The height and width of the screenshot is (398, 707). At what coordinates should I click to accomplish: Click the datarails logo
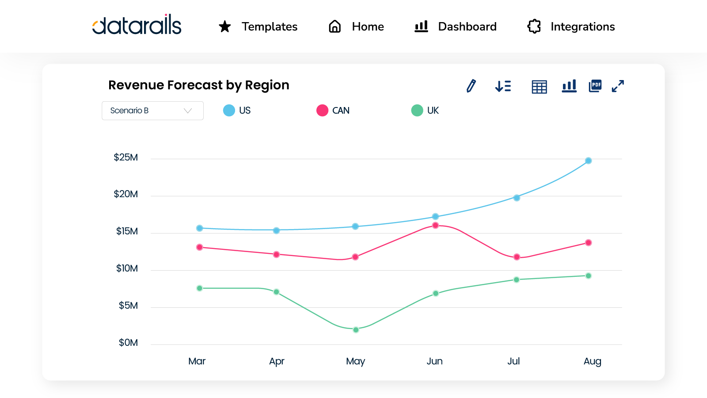pos(137,25)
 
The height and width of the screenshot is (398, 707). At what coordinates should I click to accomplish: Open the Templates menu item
pos(269,27)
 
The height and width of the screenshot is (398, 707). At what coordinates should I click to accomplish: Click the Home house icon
pos(335,27)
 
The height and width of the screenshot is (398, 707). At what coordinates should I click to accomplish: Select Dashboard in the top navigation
pos(467,27)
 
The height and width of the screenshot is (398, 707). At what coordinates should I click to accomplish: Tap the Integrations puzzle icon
pos(534,27)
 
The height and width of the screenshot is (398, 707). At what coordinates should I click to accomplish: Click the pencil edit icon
pos(471,86)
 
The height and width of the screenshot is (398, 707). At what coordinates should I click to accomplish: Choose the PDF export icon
pos(595,86)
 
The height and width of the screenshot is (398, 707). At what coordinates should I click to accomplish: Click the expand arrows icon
pos(618,86)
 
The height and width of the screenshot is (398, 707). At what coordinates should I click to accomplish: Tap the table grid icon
pos(539,87)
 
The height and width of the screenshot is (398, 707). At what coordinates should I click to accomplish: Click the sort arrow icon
pos(503,86)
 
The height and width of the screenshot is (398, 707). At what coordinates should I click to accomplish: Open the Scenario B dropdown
pos(152,111)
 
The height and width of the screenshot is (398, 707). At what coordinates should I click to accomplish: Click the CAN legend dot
pos(322,110)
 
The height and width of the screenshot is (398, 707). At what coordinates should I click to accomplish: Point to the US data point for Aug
pos(588,161)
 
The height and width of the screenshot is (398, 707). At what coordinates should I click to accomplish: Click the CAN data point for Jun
pos(435,225)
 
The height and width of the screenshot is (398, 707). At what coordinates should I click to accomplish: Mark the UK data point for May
pos(356,329)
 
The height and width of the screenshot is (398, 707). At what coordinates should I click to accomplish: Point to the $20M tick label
pos(126,194)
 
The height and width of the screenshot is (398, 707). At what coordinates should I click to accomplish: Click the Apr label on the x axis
pos(277,361)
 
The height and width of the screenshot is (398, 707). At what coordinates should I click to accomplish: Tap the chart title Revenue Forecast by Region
pos(199,85)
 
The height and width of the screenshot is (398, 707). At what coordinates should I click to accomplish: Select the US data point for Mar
pos(199,228)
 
